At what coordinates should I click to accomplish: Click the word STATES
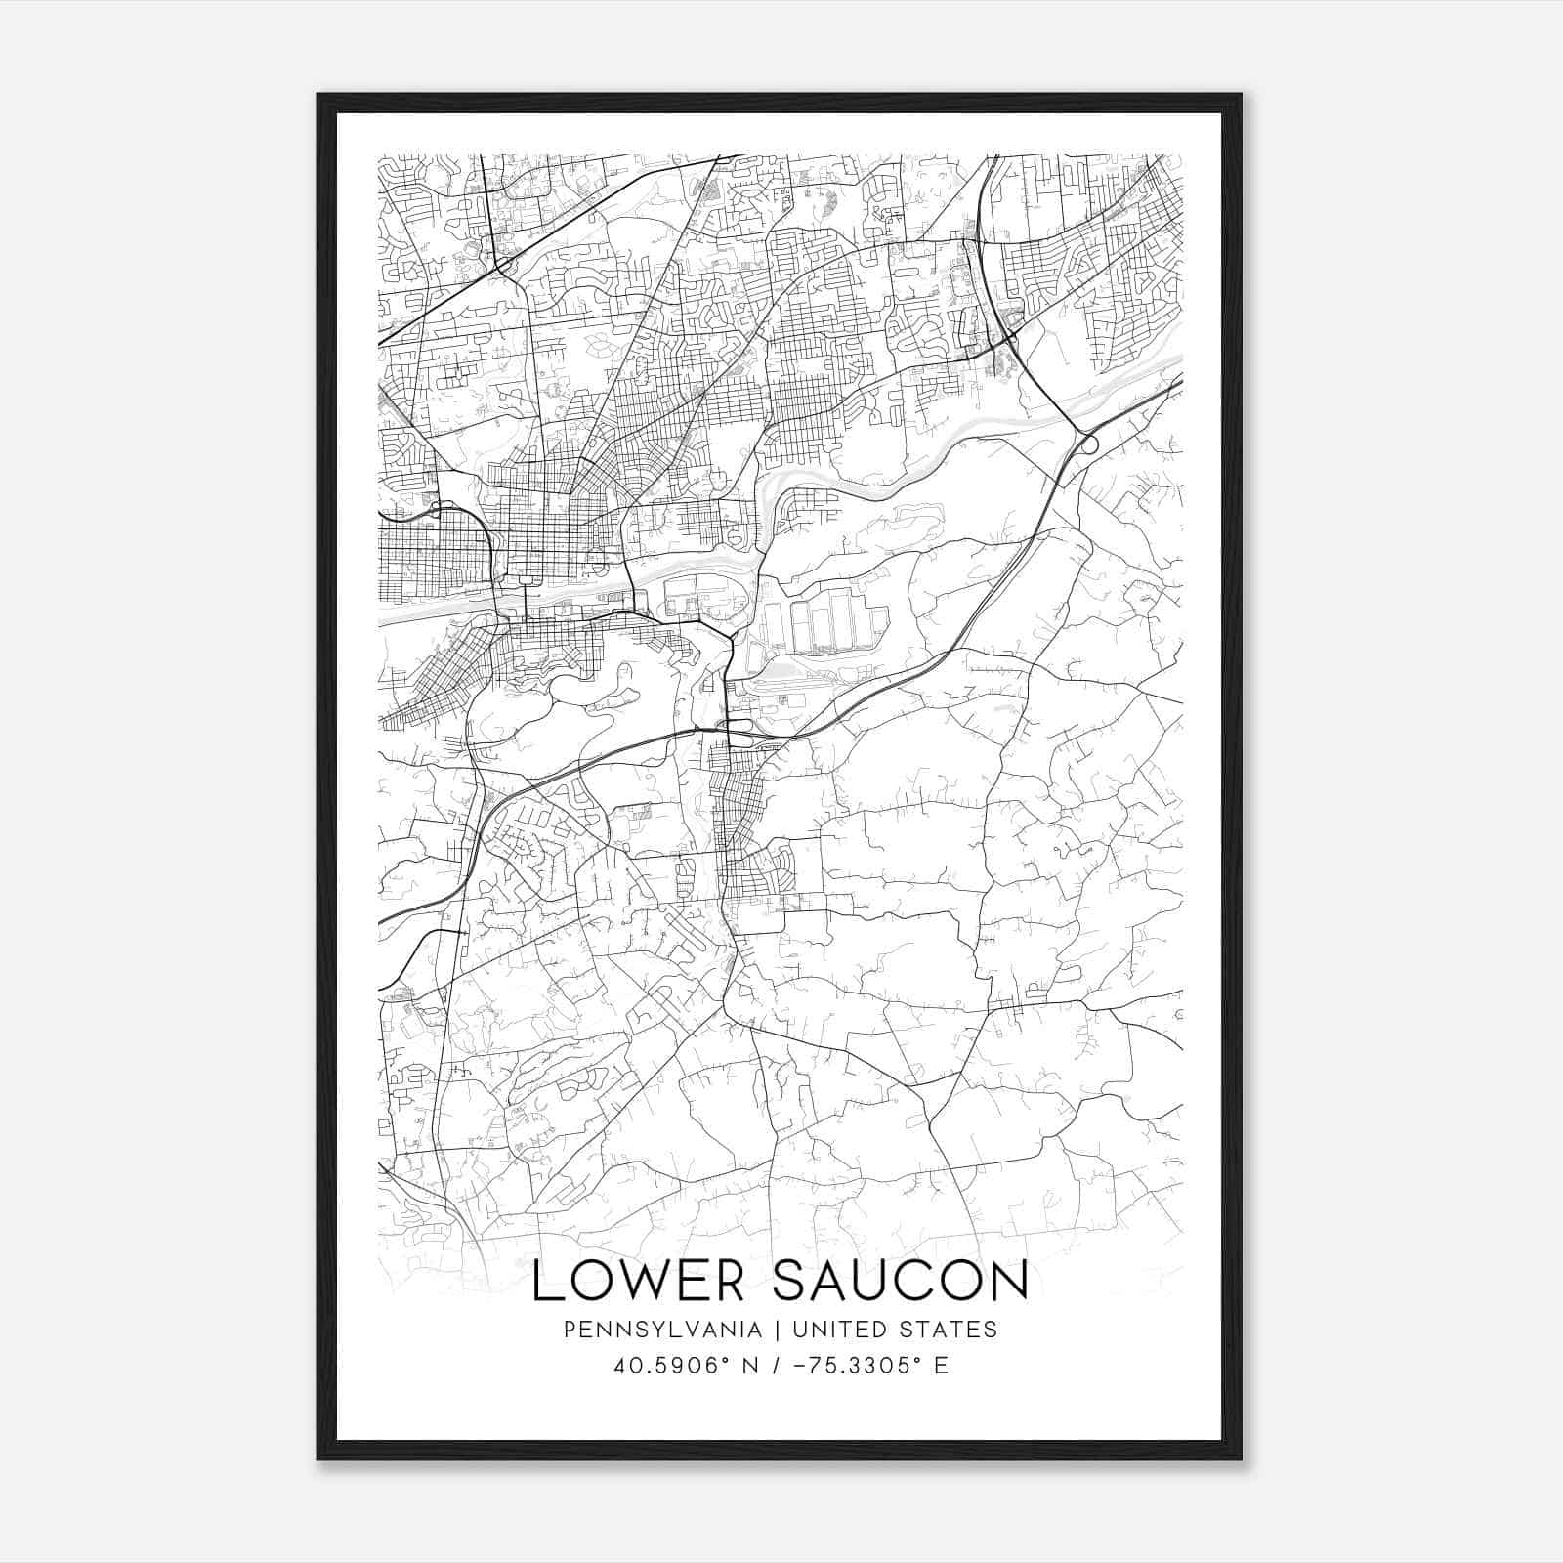click(950, 1330)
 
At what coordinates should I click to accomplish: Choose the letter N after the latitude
click(750, 1365)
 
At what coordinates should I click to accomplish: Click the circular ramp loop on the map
click(1088, 444)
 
